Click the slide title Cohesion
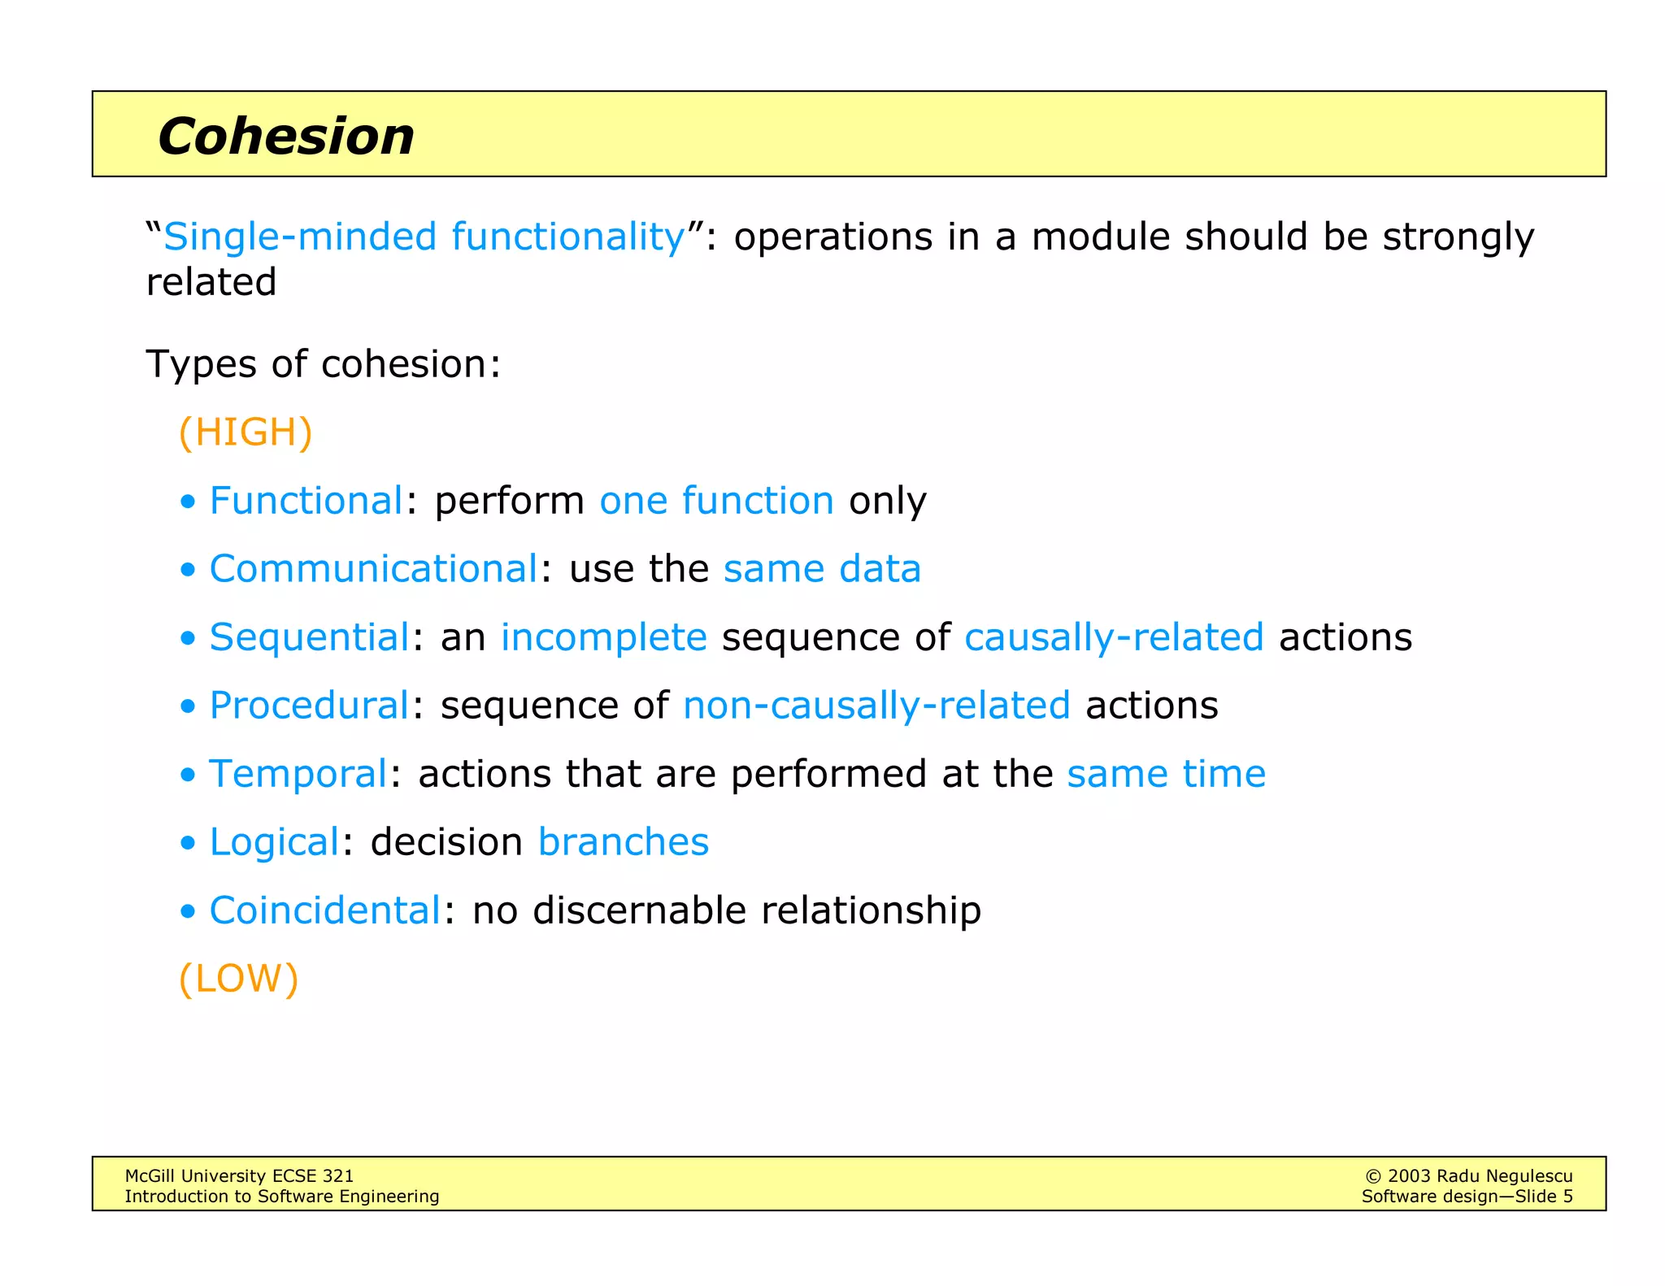pos(285,136)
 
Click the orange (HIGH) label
pos(245,432)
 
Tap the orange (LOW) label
pos(238,978)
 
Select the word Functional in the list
pos(306,500)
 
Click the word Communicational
pos(373,568)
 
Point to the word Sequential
pos(309,636)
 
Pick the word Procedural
pos(309,705)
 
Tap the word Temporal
pos(298,773)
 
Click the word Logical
pos(274,841)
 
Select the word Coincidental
pos(325,910)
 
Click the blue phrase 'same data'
pos(822,568)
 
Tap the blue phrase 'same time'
pos(1166,773)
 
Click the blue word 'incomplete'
pos(603,636)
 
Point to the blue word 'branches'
pos(623,841)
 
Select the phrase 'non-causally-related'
pos(876,705)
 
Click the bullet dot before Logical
pos(188,843)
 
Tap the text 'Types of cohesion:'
pos(323,363)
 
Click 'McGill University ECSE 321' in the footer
pos(239,1175)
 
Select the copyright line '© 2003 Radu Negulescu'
pos(1468,1175)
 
